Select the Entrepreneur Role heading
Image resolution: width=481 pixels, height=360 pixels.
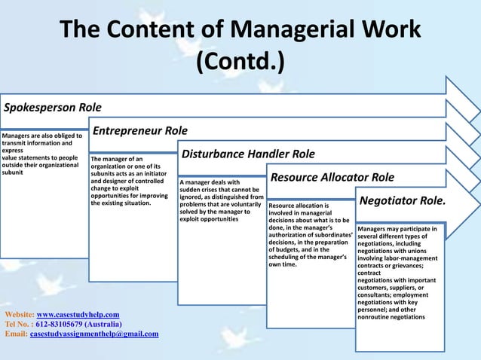click(140, 131)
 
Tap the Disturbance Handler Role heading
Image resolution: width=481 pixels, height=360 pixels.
click(248, 154)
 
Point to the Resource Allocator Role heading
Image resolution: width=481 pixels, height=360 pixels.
click(332, 178)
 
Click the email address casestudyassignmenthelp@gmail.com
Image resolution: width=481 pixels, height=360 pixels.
click(94, 334)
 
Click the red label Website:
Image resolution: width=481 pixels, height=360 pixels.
click(19, 313)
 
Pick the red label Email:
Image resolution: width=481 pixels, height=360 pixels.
click(16, 334)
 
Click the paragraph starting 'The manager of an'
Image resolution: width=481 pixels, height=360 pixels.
click(129, 181)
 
